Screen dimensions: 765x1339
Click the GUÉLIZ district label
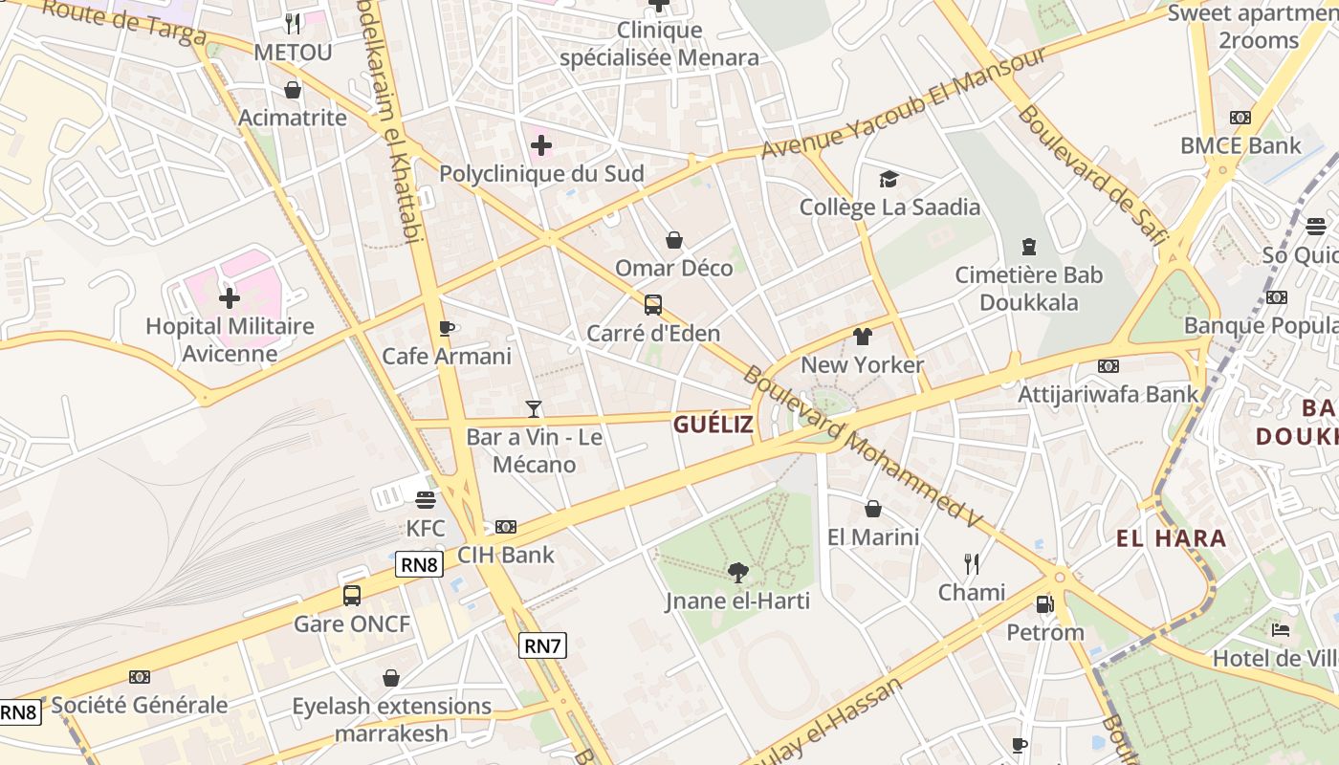coord(713,426)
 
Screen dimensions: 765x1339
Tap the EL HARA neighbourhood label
coord(1171,538)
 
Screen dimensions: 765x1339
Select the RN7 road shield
coord(542,646)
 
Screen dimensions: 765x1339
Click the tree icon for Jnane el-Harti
coord(737,573)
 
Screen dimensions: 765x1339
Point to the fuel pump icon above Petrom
coord(1044,604)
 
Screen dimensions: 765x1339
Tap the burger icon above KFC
coord(426,499)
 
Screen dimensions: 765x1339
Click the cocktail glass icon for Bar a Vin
coord(534,409)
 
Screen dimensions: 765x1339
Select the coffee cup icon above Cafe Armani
coord(446,328)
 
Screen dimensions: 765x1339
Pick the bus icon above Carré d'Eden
coord(653,305)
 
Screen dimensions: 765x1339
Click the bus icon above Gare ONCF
coord(352,596)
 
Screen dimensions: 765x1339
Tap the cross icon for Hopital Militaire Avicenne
coord(230,297)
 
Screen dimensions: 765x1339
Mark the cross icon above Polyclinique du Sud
coord(541,145)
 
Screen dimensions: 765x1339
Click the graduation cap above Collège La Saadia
coord(889,179)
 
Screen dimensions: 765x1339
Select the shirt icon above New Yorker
coord(863,337)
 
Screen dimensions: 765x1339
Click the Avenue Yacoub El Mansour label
coord(904,104)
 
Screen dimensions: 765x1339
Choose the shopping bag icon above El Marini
coord(872,509)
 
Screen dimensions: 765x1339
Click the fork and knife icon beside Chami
coord(972,563)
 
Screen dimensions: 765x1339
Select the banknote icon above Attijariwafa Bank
coord(1108,366)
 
